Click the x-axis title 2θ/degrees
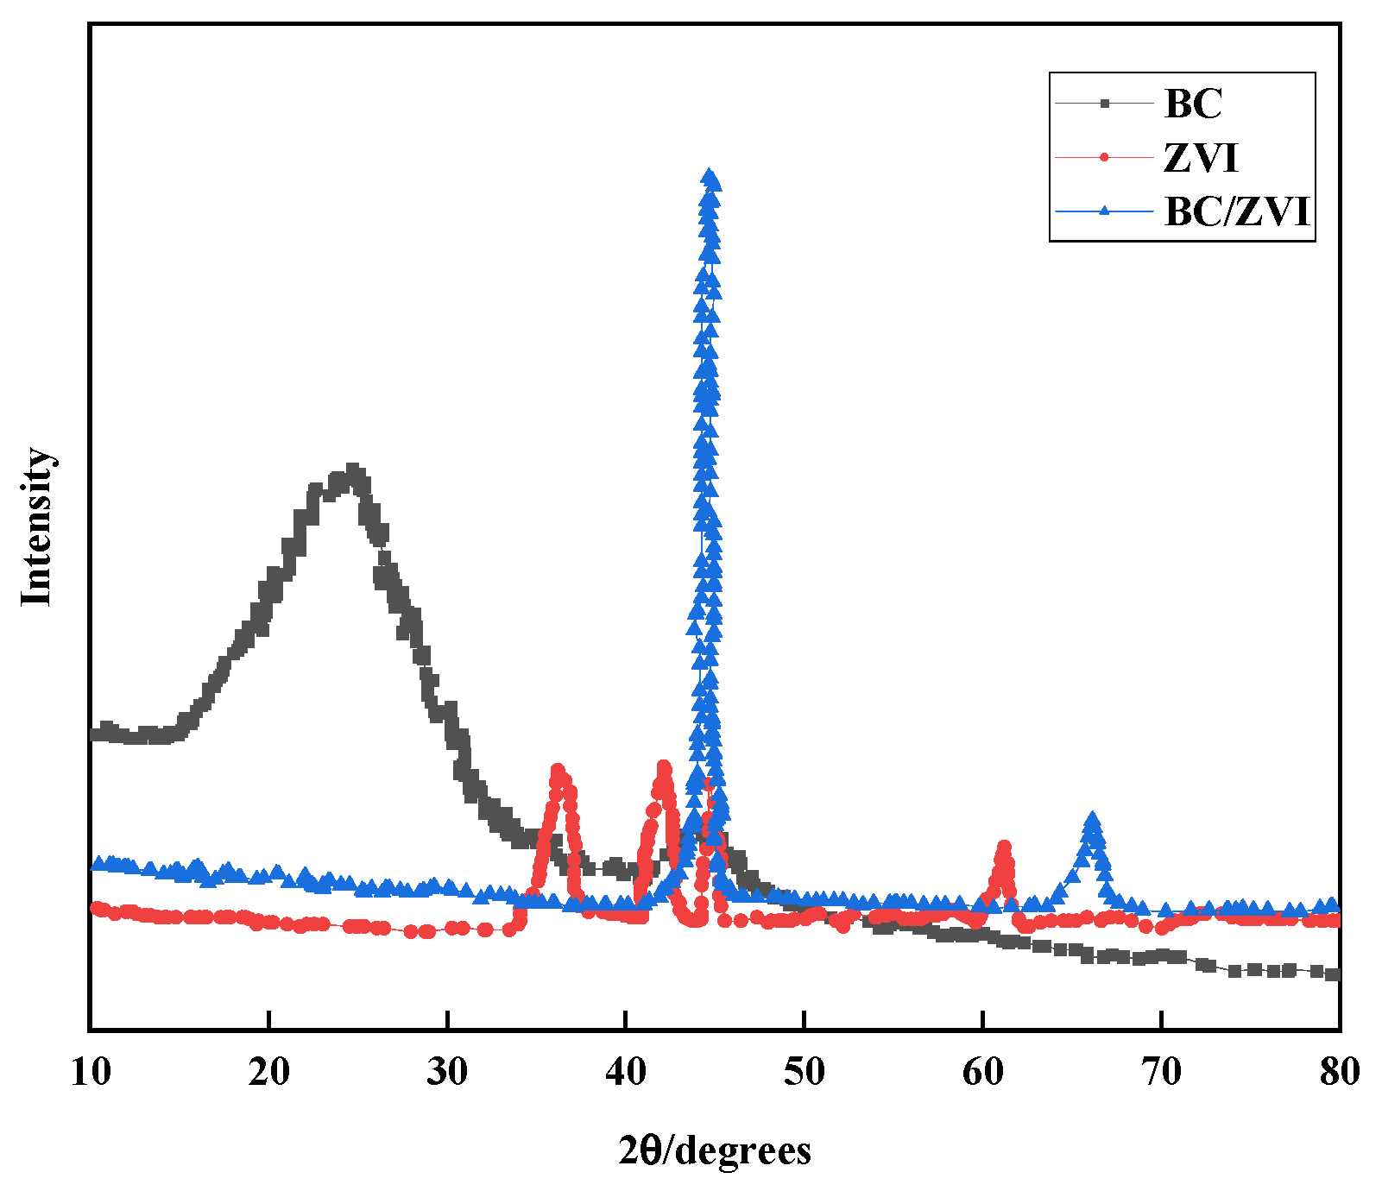click(715, 1150)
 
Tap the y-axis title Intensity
click(37, 526)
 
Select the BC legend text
click(1193, 104)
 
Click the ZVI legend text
click(1201, 158)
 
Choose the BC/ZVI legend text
click(1237, 211)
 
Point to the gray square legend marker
click(1104, 104)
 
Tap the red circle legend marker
click(1104, 157)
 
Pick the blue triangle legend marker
click(1104, 211)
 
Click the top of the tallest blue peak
click(710, 177)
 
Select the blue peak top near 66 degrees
click(1093, 818)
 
